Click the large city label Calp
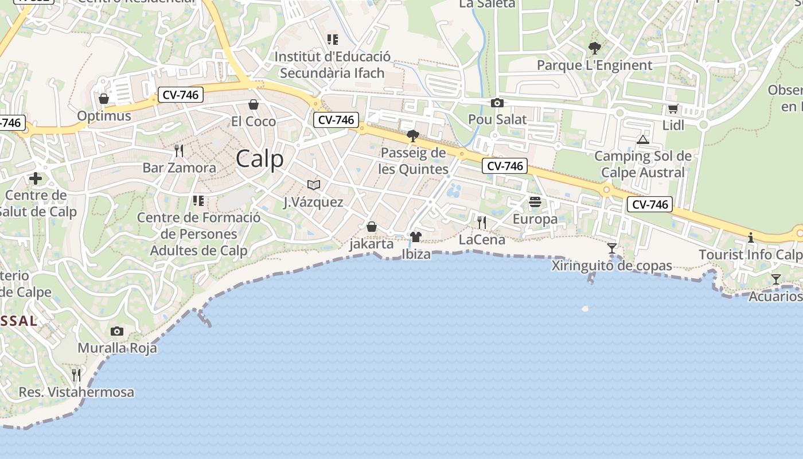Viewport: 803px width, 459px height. (x=260, y=159)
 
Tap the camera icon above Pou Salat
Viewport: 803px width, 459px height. (x=497, y=103)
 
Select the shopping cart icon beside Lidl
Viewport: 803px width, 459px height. (x=673, y=109)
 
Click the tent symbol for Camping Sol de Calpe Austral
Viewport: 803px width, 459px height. (x=642, y=139)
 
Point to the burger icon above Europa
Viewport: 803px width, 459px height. (x=535, y=202)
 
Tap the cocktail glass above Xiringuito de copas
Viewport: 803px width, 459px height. (x=612, y=248)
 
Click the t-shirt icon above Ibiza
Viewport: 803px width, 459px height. (x=416, y=236)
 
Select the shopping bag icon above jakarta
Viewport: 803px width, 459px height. (x=372, y=227)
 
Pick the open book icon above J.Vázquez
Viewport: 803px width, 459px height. (x=313, y=185)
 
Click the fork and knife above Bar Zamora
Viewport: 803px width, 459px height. (x=179, y=151)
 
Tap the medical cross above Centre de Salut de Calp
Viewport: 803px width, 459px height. (x=36, y=178)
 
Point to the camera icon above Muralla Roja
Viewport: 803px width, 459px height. (x=117, y=331)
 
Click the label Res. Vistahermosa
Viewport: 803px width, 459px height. (x=76, y=392)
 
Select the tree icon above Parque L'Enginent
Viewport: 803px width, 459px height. (x=594, y=48)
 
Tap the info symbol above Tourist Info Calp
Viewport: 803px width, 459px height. (x=750, y=238)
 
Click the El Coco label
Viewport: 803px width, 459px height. (x=253, y=122)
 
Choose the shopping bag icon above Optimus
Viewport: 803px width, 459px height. (x=104, y=99)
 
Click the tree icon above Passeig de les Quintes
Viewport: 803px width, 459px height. (x=412, y=136)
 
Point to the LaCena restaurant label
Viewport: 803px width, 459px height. (x=482, y=240)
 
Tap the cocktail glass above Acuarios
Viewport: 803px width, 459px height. (x=775, y=279)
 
